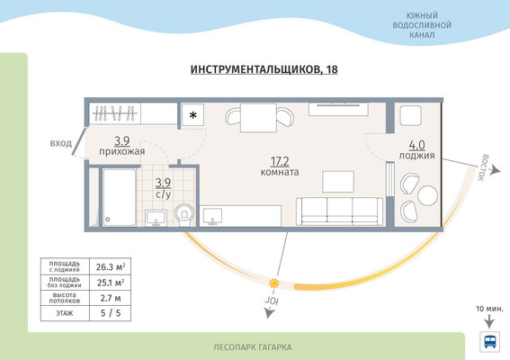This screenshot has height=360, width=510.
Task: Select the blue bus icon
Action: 490,342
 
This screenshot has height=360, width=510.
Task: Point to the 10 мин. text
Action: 489,309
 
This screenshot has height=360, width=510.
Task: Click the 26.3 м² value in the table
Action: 109,265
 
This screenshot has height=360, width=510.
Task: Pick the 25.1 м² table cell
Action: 109,282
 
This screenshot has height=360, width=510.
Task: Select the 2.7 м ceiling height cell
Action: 109,298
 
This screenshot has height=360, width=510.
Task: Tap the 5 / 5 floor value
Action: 109,314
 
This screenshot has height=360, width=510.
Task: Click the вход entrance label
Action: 60,143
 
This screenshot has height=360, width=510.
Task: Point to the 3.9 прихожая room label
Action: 123,146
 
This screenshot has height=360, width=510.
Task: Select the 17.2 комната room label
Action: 279,166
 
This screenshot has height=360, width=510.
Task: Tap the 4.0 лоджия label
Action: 417,149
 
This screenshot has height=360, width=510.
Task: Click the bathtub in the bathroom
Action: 119,197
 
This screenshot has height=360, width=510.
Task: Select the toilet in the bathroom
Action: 184,213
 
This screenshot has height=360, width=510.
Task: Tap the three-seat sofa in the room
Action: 340,210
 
